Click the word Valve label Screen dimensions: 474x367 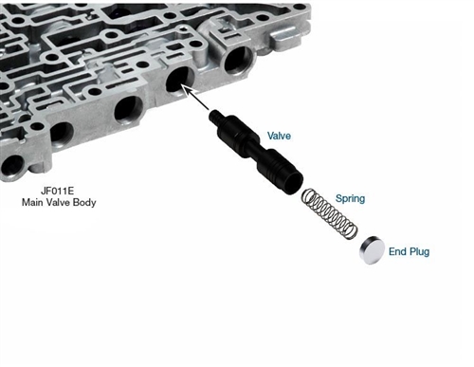click(279, 136)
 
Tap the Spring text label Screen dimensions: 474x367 click(350, 198)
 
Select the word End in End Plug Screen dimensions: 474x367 click(397, 251)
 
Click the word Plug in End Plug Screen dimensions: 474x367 click(419, 252)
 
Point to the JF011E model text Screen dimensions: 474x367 click(57, 191)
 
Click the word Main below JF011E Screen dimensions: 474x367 click(33, 202)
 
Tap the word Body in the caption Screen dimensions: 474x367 click(84, 203)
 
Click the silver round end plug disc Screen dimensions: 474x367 click(372, 250)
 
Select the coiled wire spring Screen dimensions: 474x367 click(329, 214)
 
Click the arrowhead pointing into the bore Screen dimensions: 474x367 click(186, 89)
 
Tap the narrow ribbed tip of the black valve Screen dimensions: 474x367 click(214, 117)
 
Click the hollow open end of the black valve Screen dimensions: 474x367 click(293, 183)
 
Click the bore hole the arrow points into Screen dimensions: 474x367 click(180, 80)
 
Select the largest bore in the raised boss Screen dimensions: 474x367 click(238, 61)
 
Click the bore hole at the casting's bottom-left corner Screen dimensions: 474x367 click(12, 167)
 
